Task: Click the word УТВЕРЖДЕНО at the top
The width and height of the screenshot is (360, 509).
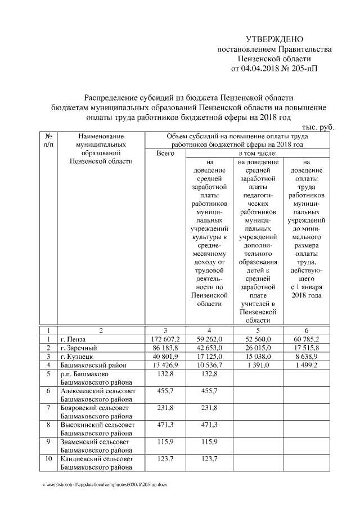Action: [274, 39]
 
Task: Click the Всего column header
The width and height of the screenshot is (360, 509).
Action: [165, 153]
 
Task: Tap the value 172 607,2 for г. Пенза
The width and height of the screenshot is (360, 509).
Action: [165, 340]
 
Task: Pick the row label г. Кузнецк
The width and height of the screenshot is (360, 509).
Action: [80, 357]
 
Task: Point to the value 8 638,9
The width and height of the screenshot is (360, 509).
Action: [307, 357]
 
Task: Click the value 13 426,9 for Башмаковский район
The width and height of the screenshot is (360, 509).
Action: [165, 365]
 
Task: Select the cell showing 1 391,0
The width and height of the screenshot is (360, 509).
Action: [258, 365]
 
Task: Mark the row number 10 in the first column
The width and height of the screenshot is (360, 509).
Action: [48, 460]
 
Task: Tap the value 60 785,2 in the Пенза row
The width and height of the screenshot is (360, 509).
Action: [307, 340]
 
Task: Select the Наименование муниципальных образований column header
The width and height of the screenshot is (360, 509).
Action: [101, 148]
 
